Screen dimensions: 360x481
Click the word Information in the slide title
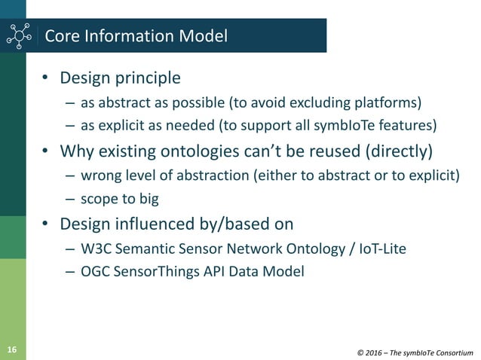[127, 35]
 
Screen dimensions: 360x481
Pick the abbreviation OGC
[93, 271]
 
